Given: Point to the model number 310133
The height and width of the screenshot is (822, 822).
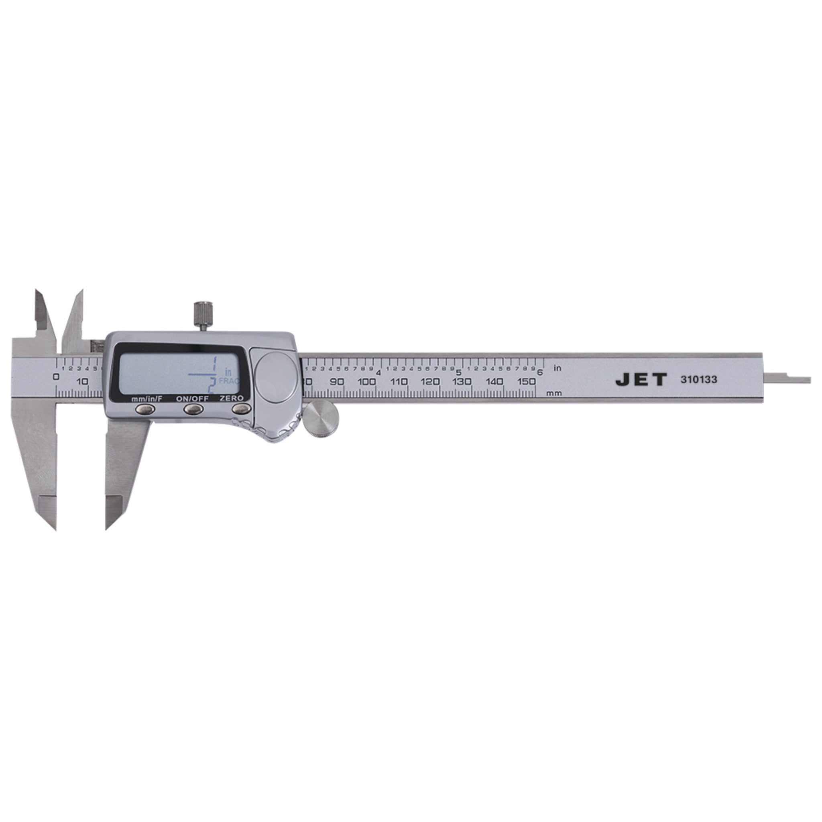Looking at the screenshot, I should pos(699,380).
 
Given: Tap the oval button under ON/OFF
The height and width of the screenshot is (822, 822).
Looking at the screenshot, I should pos(193,409).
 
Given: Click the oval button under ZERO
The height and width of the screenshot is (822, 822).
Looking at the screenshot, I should pos(241,409).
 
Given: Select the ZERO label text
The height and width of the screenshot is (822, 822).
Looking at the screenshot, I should pos(232,398).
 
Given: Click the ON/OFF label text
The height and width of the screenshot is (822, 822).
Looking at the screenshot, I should pos(192,399).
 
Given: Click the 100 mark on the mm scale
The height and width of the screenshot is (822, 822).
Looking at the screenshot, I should pos(367,382).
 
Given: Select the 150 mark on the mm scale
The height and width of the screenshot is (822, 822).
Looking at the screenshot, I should pos(527,382).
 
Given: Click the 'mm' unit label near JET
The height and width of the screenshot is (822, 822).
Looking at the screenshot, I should pos(554,393).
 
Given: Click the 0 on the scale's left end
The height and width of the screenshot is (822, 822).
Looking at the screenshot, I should pos(56,376).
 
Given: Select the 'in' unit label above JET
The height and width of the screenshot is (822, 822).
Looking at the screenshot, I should pos(557,368).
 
